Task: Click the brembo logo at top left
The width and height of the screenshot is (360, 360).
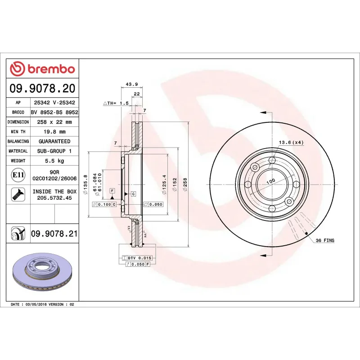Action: click(x=42, y=69)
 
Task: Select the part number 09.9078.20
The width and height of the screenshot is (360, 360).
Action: click(x=43, y=88)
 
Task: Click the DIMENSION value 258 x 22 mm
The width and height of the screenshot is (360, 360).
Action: click(x=54, y=122)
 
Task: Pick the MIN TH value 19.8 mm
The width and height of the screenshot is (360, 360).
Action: click(x=54, y=132)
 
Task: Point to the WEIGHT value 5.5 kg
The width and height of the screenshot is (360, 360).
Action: click(x=54, y=161)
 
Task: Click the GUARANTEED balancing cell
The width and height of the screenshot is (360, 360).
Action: click(x=54, y=141)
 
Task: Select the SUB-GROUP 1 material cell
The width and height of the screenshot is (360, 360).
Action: click(x=54, y=151)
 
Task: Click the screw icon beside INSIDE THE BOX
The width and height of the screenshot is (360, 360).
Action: click(x=18, y=194)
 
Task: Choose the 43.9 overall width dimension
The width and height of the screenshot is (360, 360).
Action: click(x=131, y=84)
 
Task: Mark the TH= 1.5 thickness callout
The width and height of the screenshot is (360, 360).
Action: click(x=116, y=103)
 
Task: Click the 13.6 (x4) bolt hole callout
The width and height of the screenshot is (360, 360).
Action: click(x=292, y=143)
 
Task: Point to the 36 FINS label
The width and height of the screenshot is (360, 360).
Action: click(x=325, y=241)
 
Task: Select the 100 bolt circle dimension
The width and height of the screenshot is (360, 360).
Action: click(x=270, y=181)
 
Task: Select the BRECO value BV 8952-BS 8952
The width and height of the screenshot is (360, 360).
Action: click(x=54, y=112)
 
